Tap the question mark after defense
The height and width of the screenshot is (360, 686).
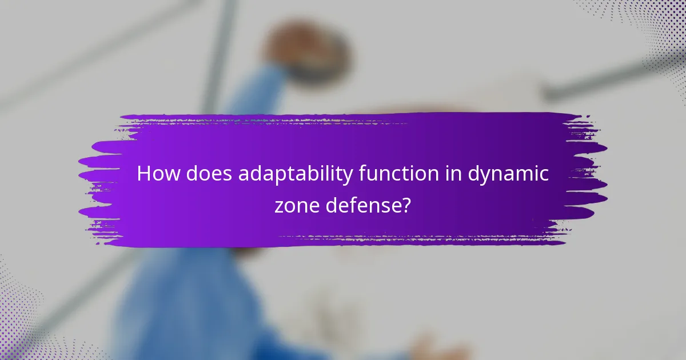[406, 205]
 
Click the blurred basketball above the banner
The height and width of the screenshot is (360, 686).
[306, 49]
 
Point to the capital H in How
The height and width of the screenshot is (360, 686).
[143, 174]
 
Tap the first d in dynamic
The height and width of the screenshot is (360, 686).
[474, 174]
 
